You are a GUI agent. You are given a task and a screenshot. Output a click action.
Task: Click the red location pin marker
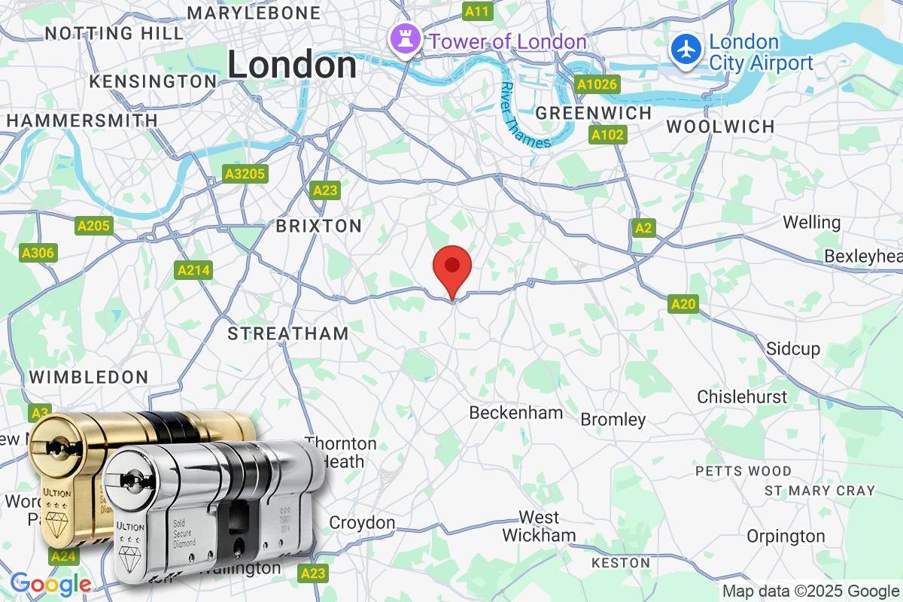click(x=452, y=268)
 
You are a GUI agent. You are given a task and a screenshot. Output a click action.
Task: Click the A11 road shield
click(x=477, y=11)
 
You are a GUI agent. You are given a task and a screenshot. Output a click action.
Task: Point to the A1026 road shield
click(x=597, y=84)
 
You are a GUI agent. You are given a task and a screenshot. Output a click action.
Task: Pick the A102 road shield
click(x=607, y=135)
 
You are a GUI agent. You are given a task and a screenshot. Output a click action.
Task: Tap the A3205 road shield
click(x=245, y=175)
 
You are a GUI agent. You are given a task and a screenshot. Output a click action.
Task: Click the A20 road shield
click(x=683, y=304)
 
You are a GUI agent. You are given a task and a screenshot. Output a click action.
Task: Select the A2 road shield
click(x=643, y=228)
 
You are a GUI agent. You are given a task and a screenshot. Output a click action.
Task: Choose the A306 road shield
click(x=38, y=253)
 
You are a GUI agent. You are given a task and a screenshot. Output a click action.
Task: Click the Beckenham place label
click(x=515, y=412)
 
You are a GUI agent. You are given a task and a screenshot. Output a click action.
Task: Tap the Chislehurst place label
click(x=742, y=397)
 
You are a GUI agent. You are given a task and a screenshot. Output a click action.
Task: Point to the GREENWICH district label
click(x=593, y=113)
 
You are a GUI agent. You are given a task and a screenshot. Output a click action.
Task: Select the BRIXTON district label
click(x=318, y=226)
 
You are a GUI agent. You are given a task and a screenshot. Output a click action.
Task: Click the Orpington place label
click(x=786, y=537)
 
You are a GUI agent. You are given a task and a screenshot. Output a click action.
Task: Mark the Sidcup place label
click(x=793, y=348)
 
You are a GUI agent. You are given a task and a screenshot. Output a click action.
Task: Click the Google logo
click(x=50, y=583)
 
